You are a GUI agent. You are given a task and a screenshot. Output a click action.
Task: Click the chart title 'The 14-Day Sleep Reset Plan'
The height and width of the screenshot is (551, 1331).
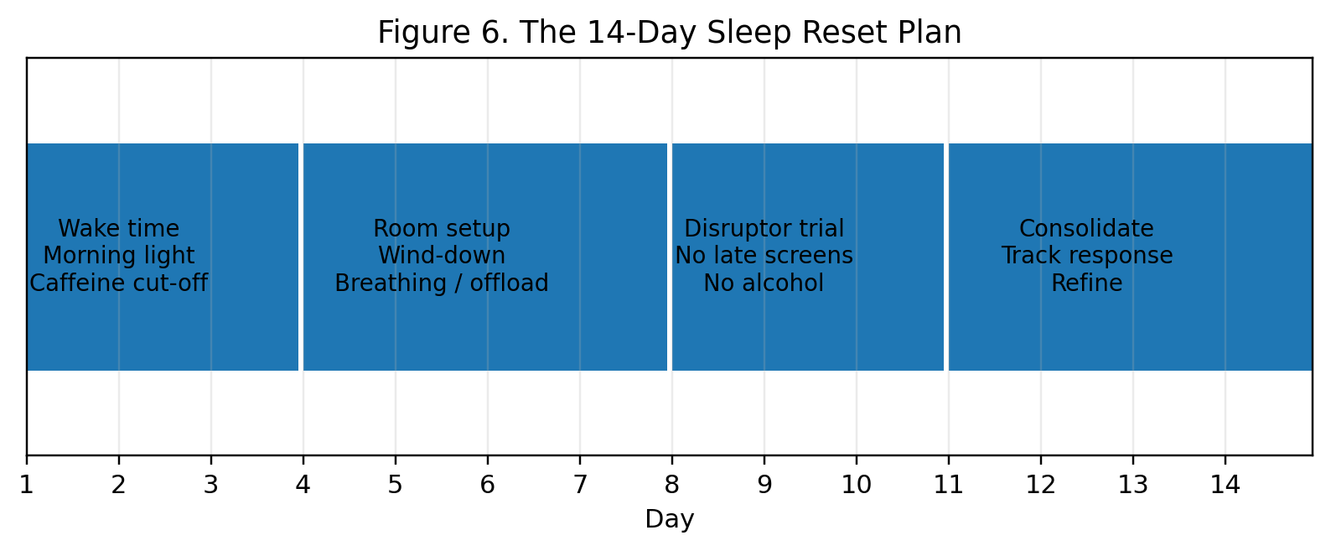coord(740,33)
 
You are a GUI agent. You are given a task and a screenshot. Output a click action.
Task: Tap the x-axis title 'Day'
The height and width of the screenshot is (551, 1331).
coord(670,519)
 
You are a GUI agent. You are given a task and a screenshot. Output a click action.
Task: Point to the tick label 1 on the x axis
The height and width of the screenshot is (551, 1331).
coord(26,486)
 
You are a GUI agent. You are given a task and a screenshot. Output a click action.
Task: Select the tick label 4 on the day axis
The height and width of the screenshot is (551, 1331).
coord(303,486)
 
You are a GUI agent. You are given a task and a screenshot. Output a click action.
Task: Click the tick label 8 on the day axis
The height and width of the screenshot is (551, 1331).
coord(672,486)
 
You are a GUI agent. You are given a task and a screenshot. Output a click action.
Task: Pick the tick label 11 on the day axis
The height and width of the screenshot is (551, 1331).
coord(948,486)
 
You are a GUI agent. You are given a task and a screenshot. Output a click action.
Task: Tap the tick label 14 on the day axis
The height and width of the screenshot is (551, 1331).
coord(1225,486)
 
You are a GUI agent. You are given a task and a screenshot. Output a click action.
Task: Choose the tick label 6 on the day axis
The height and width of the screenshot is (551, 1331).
coord(487,486)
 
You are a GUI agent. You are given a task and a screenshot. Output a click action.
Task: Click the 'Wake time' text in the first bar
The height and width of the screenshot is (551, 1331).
coord(119,229)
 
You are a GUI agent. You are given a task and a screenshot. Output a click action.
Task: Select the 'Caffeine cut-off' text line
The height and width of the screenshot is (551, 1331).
coord(119,283)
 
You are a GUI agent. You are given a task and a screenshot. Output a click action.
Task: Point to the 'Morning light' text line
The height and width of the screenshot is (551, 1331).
coord(119,256)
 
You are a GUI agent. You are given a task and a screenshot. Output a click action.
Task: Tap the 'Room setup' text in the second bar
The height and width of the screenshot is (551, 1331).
coord(442,229)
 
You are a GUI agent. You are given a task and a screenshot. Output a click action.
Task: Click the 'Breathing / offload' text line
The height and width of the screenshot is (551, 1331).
coord(442,283)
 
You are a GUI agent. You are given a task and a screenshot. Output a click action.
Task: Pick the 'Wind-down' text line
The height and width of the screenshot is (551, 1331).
coord(442,256)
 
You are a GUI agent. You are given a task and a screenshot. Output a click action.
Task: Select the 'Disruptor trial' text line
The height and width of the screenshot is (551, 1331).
coord(764,229)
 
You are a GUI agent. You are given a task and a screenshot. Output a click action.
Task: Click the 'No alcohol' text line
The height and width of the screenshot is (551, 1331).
coord(764,283)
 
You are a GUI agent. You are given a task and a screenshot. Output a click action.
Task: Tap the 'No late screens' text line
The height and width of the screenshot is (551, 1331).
coord(764,256)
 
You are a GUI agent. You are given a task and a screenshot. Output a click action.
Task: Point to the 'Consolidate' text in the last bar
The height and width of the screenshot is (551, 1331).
coord(1087,229)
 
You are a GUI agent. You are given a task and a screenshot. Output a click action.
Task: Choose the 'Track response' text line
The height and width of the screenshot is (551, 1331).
coord(1087,256)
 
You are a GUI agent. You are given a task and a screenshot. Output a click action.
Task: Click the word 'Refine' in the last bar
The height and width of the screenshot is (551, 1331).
coord(1087,283)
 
